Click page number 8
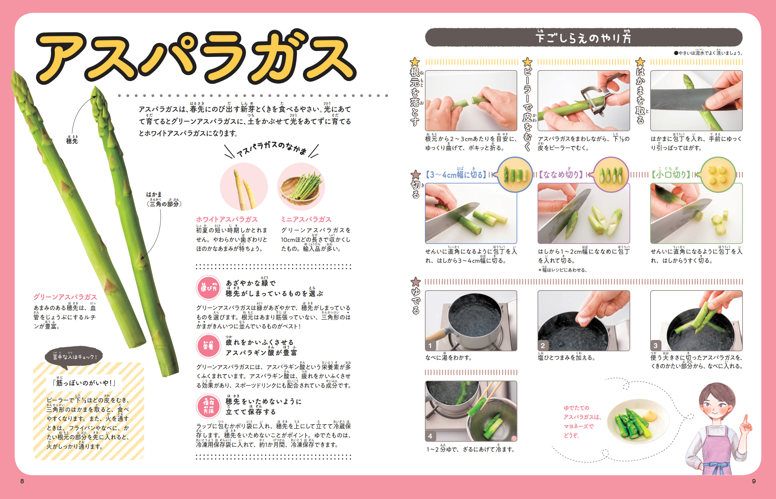coord(22,481)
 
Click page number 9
coord(754,481)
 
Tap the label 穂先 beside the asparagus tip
coord(72,140)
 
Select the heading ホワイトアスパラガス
coord(227,219)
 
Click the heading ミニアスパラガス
coord(306,219)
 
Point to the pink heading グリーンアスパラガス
coord(65,297)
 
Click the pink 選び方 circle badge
coord(209,287)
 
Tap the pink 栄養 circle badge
coord(209,346)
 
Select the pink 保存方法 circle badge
coord(209,406)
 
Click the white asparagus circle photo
coord(244,187)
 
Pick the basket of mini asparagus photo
coord(301,187)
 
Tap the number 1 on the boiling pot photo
coord(430,346)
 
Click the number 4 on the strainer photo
coord(430,436)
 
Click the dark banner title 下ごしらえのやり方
coord(583,38)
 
